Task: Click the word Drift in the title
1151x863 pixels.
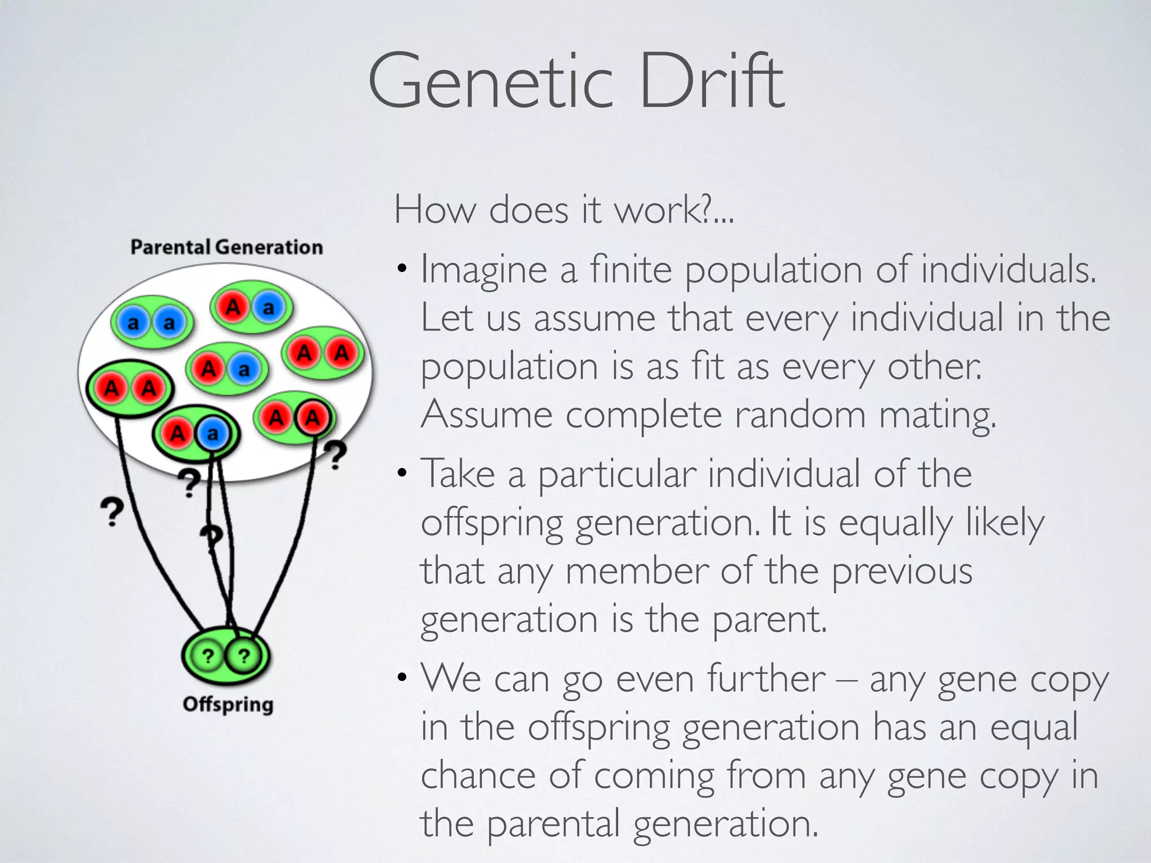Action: (711, 81)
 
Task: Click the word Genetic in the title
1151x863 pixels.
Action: (490, 81)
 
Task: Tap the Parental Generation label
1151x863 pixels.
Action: (226, 247)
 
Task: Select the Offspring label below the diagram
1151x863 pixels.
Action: (228, 705)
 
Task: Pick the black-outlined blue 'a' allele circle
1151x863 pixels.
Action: (212, 433)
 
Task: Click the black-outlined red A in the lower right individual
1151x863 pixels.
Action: (312, 417)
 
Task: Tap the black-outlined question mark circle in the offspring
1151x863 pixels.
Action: (244, 656)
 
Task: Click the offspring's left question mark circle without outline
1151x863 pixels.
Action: (207, 656)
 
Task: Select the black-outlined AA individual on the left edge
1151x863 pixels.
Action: (130, 388)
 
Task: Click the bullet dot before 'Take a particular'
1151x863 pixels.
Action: (401, 473)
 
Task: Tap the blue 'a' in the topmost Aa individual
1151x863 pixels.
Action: (269, 307)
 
